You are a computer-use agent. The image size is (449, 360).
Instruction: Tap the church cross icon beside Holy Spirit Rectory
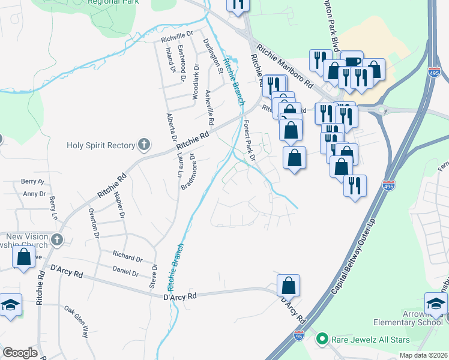click(143, 145)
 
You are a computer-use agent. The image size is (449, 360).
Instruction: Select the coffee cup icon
click(352, 62)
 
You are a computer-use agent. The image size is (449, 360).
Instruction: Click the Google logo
click(20, 353)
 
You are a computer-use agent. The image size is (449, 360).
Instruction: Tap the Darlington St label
click(212, 56)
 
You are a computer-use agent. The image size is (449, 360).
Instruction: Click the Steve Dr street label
click(154, 274)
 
